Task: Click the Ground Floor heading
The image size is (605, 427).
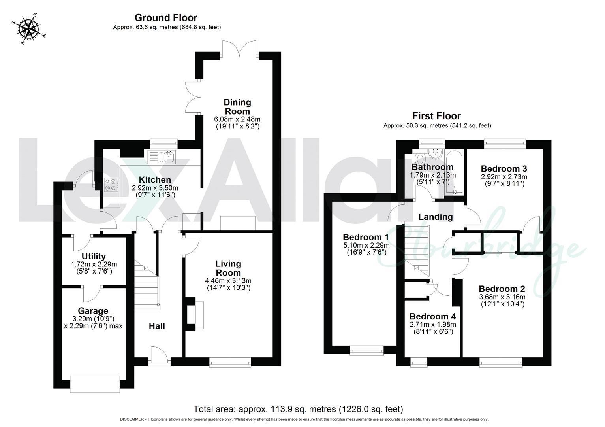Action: tap(166, 18)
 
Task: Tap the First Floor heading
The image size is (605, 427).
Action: tap(436, 116)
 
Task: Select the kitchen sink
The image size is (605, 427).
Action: tap(162, 157)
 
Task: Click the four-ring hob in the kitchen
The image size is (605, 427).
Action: tap(111, 184)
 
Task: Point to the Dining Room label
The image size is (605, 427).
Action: tap(237, 107)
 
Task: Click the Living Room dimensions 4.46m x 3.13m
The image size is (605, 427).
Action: tap(228, 281)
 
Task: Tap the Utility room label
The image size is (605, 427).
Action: tap(94, 256)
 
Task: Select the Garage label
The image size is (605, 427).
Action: tap(93, 311)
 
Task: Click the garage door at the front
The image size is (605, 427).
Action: tap(95, 384)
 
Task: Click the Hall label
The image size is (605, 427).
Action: tap(157, 326)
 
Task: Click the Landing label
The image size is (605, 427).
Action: tap(435, 217)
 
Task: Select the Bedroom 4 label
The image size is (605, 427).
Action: tap(432, 316)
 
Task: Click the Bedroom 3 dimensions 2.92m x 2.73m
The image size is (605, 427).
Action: tap(504, 177)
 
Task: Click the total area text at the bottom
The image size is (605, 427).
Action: tap(298, 409)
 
